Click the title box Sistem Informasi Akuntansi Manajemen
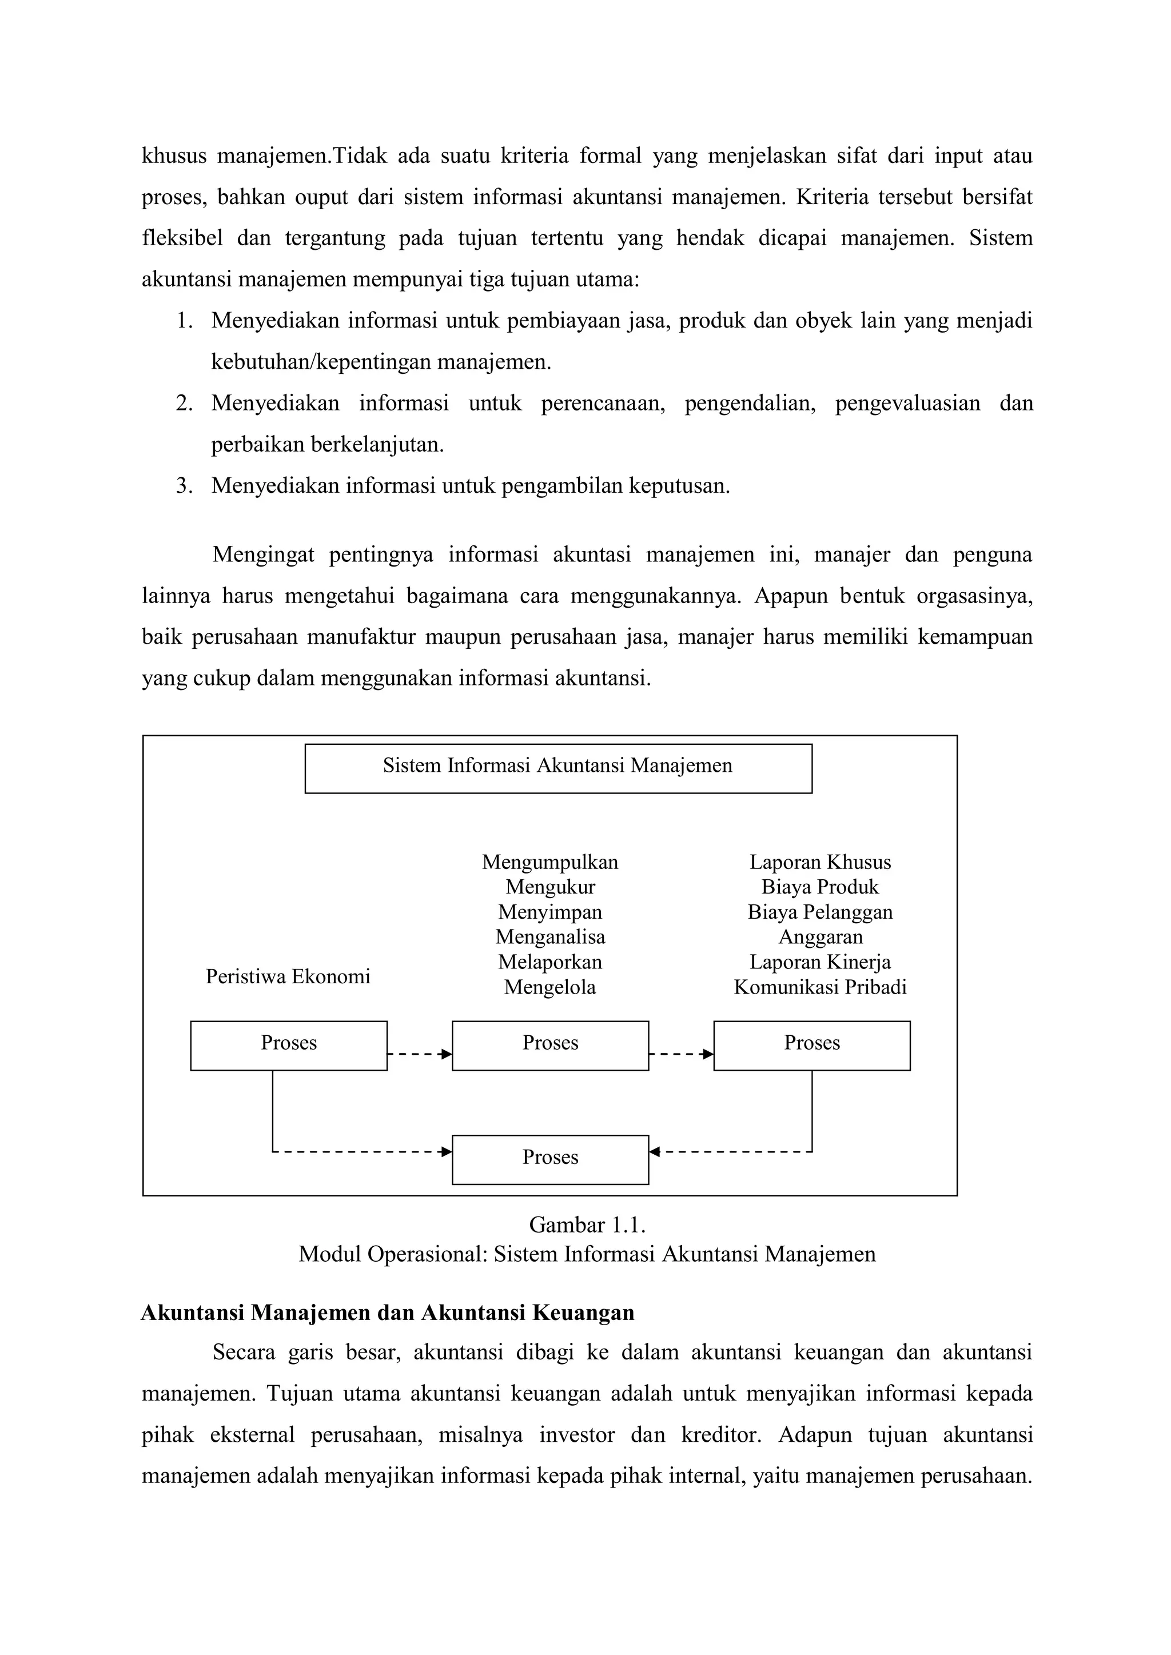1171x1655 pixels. (557, 768)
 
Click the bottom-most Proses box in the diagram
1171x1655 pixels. (550, 1159)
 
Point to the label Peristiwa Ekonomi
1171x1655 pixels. (288, 977)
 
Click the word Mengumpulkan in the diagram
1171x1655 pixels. (550, 862)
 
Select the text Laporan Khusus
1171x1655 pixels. (820, 862)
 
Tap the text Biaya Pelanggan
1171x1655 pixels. (820, 912)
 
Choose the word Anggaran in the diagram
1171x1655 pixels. (820, 937)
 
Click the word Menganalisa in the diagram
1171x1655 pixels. (550, 937)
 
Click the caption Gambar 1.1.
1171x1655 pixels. (587, 1225)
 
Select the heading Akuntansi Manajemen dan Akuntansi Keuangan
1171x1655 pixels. (388, 1313)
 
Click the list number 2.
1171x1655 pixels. (184, 404)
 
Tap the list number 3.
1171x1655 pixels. (184, 486)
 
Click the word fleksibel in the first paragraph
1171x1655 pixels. (182, 238)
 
